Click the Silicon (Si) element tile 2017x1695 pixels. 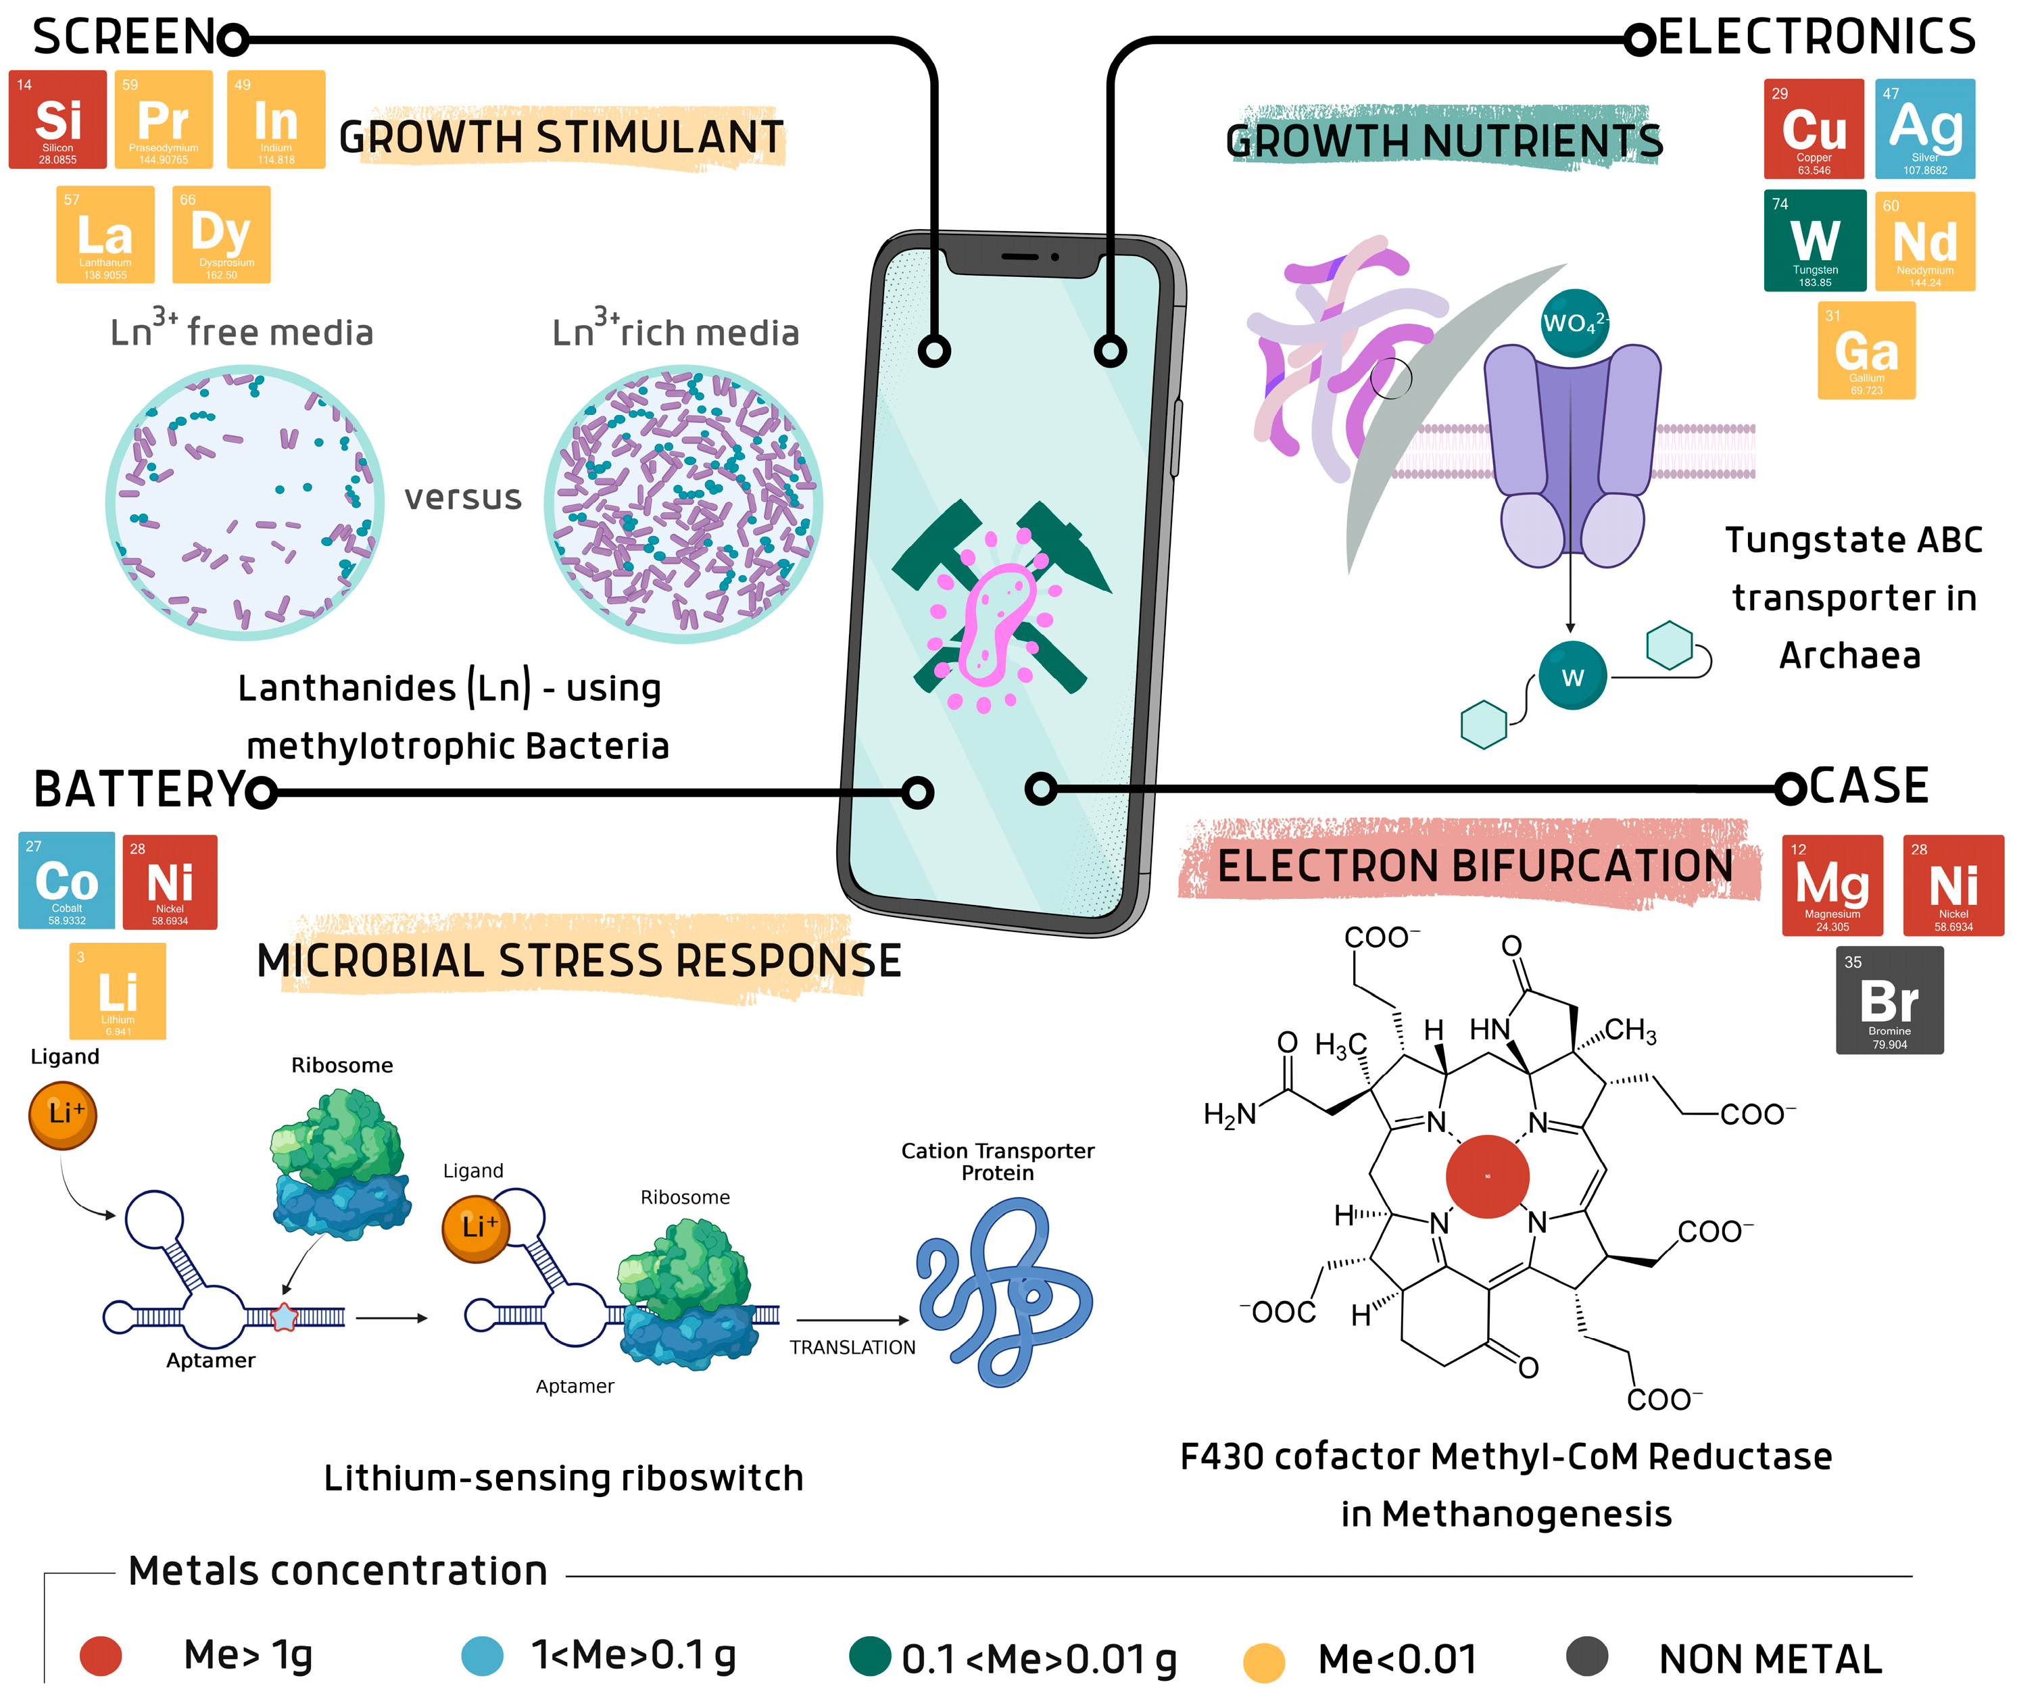(57, 119)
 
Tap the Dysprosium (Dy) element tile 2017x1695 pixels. (221, 235)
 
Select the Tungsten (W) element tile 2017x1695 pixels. (1814, 240)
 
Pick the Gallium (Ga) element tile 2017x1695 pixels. (1866, 350)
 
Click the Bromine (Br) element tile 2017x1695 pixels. (1889, 1000)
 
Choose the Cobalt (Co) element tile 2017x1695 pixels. (66, 880)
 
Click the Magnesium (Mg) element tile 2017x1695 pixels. (1832, 885)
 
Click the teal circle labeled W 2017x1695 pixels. (1572, 677)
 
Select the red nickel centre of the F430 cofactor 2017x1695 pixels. (1486, 1176)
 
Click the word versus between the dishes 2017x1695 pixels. (462, 497)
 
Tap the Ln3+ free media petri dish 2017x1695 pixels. (245, 501)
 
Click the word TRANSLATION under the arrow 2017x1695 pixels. (852, 1347)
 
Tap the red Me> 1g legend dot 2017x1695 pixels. (101, 1656)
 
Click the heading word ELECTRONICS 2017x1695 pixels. (1816, 39)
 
